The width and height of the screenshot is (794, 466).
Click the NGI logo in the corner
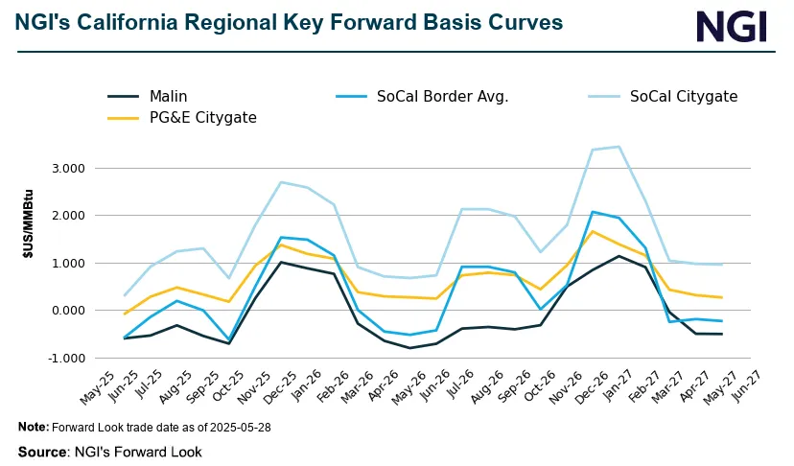pos(732,26)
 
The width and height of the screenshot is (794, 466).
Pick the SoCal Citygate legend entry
pos(683,96)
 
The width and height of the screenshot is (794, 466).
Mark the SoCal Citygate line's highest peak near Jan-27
pos(619,147)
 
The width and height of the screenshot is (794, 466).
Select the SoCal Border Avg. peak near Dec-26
pos(594,212)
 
